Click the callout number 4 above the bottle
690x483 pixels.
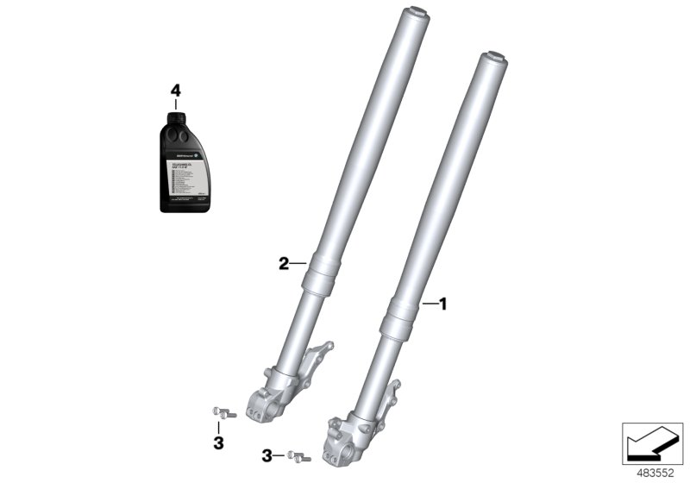click(176, 90)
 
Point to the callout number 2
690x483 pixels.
click(283, 264)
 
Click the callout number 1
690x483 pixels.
click(443, 304)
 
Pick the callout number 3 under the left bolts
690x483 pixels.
click(218, 442)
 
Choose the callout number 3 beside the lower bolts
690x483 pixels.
click(268, 455)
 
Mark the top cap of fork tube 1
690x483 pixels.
click(495, 58)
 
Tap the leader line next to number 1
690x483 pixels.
click(430, 304)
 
